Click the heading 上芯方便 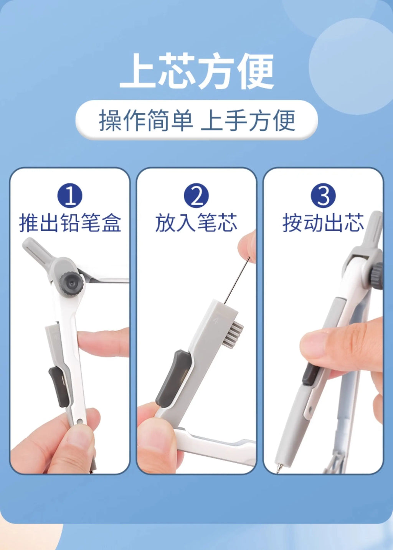click(x=196, y=71)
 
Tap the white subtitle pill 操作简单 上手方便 click(x=196, y=120)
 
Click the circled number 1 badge click(x=70, y=196)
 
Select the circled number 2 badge click(x=196, y=196)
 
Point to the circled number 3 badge click(x=323, y=196)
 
